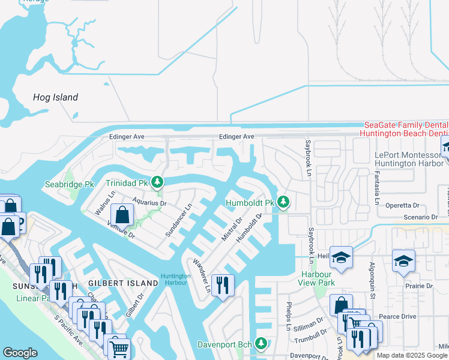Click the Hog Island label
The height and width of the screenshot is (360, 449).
tap(55, 97)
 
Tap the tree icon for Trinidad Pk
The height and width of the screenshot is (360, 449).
tap(157, 182)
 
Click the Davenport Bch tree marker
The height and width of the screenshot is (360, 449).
tap(261, 344)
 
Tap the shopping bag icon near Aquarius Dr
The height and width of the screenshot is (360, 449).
tap(122, 214)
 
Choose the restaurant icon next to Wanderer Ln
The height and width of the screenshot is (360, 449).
tap(223, 287)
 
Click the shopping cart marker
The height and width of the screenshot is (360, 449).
tap(119, 347)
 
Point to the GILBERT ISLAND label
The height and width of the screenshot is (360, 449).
tap(118, 283)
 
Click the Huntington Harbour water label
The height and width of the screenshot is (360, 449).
tap(176, 280)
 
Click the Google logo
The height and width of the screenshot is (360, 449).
tap(20, 352)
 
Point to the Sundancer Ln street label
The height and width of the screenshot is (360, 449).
tap(178, 220)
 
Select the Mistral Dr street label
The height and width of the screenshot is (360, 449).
tap(231, 229)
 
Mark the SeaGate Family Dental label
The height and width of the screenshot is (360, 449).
tap(406, 124)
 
